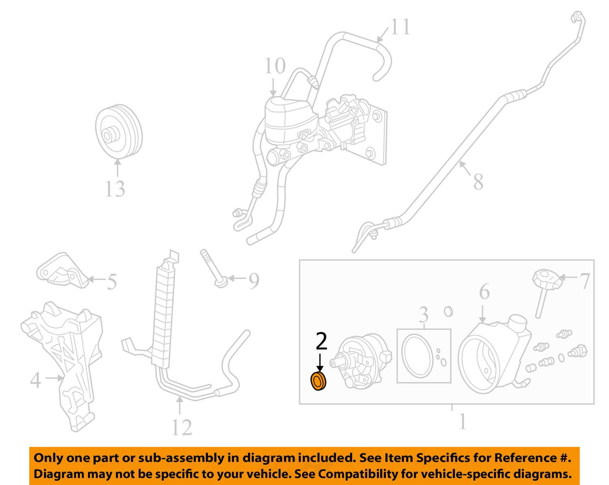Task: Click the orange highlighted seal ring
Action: (x=319, y=382)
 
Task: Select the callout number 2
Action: (x=321, y=341)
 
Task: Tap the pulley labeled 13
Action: (x=119, y=132)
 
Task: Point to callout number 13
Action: (x=115, y=189)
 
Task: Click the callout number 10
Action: (x=275, y=66)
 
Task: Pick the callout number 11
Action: (x=400, y=27)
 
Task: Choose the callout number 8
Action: (x=478, y=181)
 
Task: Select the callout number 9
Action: (x=254, y=281)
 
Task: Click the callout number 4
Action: (x=36, y=380)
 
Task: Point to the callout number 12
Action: (x=181, y=427)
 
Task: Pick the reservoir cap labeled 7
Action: (x=546, y=279)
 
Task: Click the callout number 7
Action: (x=584, y=281)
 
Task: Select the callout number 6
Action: (x=484, y=292)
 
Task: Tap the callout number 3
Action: (x=423, y=314)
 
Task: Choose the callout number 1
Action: (x=462, y=421)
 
